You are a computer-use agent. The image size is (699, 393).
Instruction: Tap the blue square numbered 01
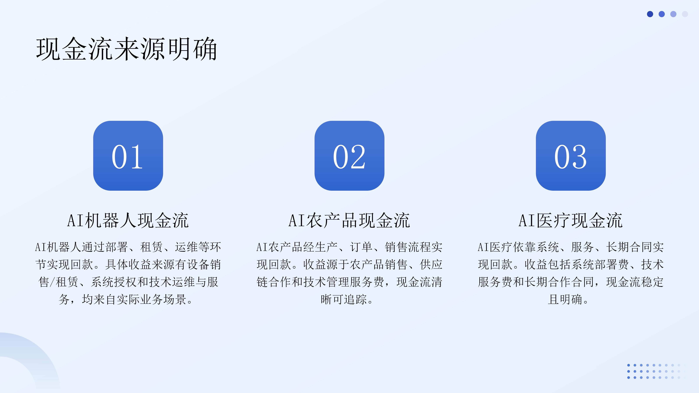(128, 156)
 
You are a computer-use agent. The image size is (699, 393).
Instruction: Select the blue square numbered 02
(349, 156)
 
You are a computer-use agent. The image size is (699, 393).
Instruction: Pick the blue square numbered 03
(571, 156)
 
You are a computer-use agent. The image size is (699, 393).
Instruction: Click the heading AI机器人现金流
(128, 220)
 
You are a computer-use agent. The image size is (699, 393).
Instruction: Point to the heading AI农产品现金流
(349, 220)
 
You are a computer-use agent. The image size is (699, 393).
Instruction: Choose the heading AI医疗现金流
(571, 220)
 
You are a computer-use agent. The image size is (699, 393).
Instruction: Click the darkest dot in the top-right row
(650, 14)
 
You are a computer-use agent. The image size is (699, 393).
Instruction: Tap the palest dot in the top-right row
(685, 14)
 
